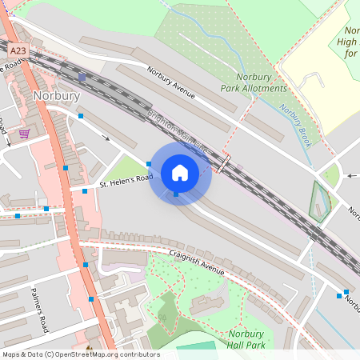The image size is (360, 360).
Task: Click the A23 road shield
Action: click(17, 50)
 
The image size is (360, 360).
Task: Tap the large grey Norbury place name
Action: click(57, 96)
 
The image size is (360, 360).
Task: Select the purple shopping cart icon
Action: click(25, 134)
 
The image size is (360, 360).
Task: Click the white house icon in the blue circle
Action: click(180, 171)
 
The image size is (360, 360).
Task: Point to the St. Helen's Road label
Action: click(126, 182)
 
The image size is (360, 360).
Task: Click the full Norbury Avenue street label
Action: click(171, 82)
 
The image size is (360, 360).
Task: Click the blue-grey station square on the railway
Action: click(82, 78)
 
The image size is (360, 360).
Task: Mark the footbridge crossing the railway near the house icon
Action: click(225, 165)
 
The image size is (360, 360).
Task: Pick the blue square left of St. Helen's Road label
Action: click(84, 190)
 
